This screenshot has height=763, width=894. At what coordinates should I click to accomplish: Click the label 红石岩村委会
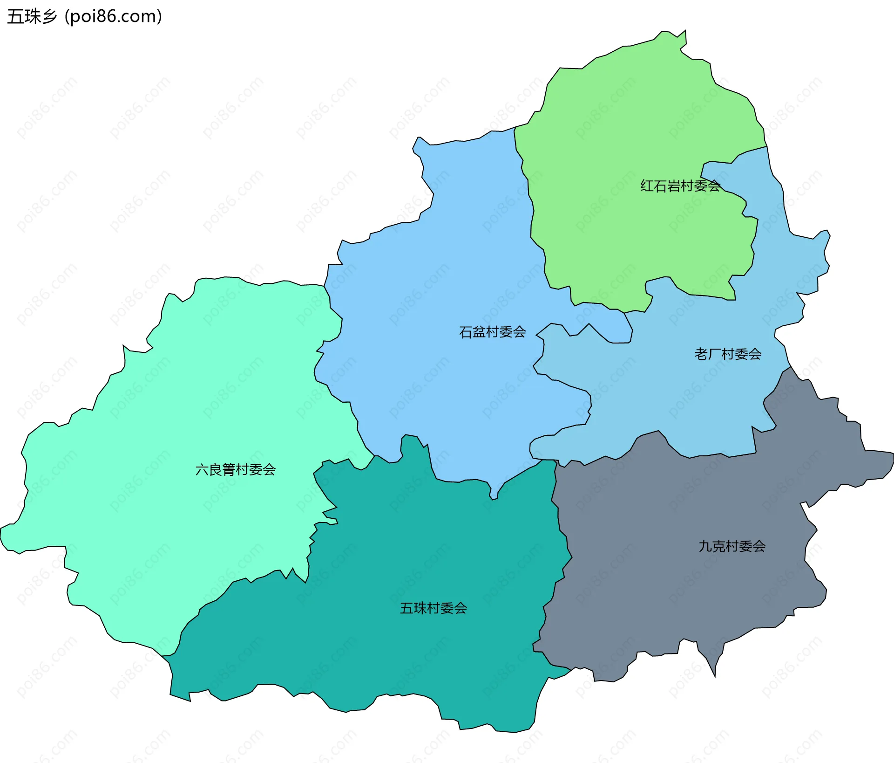tap(680, 186)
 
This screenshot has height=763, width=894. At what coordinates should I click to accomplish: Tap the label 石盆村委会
tap(492, 332)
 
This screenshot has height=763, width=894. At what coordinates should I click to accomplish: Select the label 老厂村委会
tap(728, 354)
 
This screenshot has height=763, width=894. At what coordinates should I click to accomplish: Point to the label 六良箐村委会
tap(235, 469)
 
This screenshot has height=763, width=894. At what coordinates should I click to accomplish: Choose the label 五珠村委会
tap(433, 608)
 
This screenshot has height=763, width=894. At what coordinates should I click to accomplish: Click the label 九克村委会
tap(732, 546)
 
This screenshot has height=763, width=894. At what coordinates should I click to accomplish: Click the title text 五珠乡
tap(32, 17)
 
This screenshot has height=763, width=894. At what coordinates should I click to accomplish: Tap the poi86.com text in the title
tap(113, 17)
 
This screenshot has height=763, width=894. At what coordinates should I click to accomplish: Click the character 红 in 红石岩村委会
tap(647, 186)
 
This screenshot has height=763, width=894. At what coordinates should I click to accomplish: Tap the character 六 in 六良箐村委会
tap(202, 469)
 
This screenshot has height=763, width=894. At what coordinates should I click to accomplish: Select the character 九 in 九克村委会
tap(705, 546)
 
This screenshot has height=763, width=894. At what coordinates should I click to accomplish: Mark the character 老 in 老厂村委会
tap(701, 354)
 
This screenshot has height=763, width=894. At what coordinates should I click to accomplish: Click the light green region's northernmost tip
tap(684, 32)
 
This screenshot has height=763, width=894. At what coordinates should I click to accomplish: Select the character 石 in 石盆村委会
tap(466, 332)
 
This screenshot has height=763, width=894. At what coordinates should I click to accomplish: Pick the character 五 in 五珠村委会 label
tap(406, 608)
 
